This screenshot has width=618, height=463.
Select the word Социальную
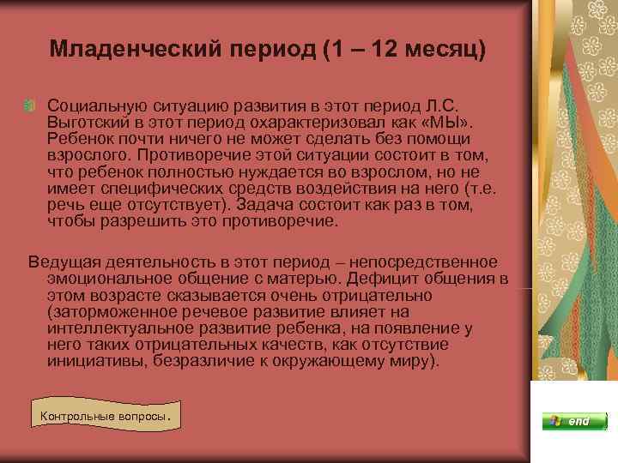95,105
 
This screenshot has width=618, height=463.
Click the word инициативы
90,360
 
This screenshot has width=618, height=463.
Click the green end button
566,421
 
